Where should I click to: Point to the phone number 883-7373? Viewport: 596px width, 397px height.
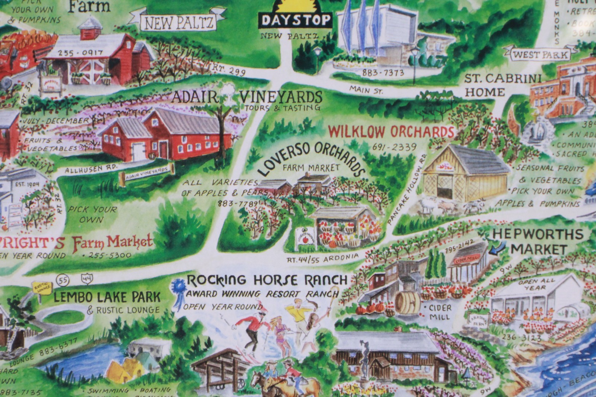pos(383,73)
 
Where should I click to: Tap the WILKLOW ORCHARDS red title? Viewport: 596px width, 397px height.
pos(391,131)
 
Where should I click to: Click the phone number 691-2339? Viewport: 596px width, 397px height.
pos(394,147)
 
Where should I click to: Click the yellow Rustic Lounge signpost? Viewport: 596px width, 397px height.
pos(41,288)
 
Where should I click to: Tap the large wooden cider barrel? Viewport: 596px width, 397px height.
pos(407,303)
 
